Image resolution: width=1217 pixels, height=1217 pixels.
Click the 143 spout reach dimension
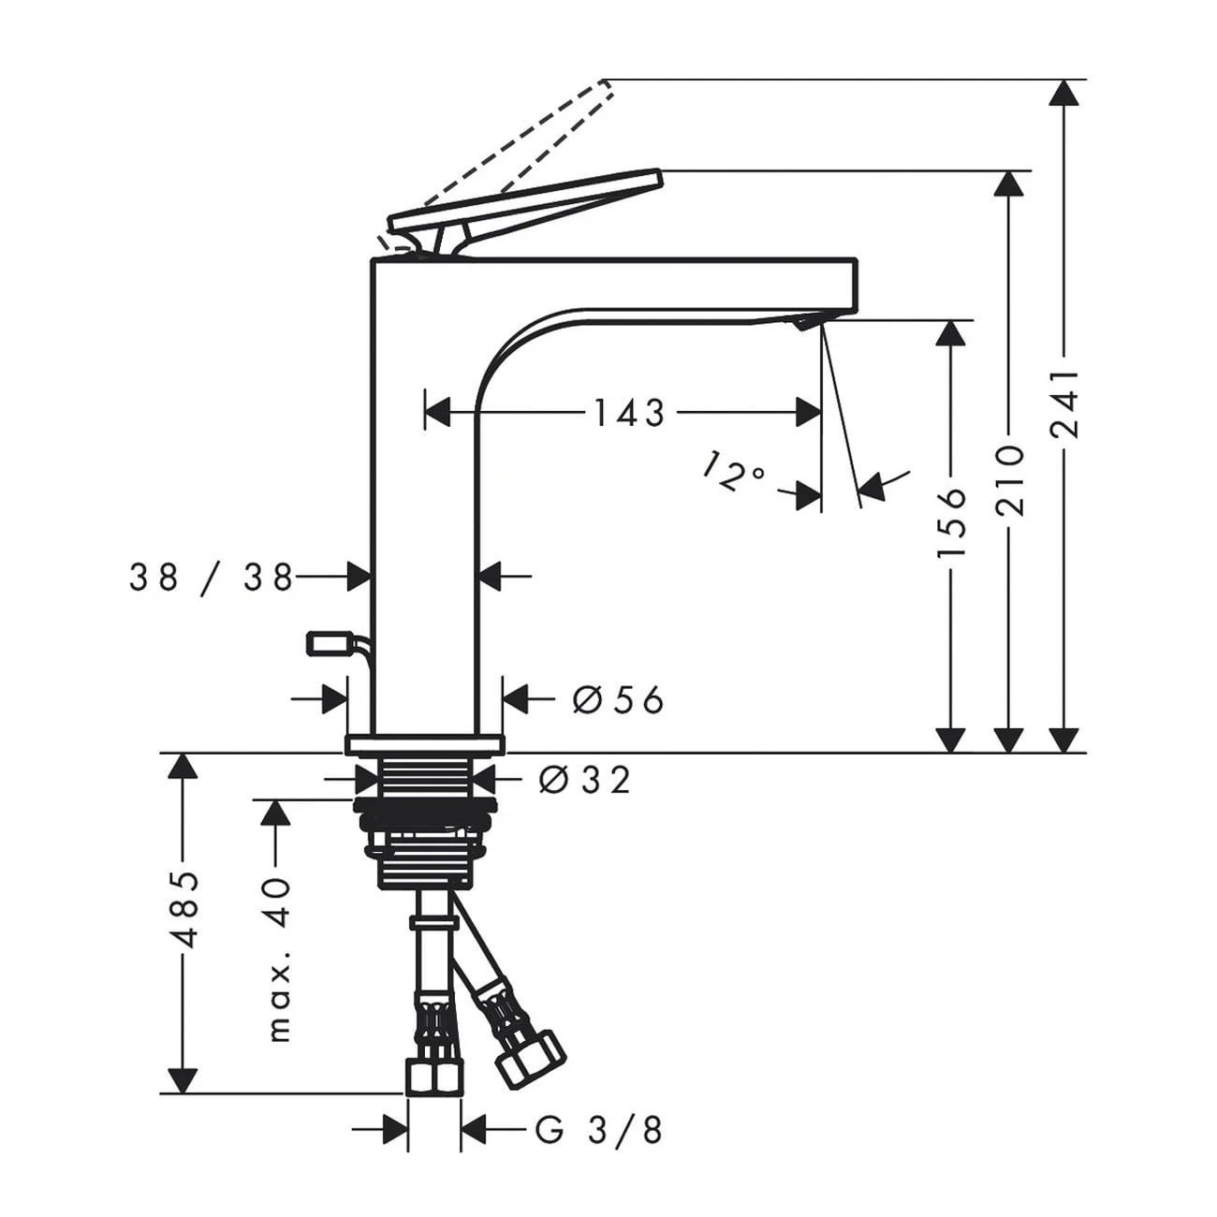(x=629, y=413)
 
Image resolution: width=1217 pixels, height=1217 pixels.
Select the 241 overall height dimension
(x=1064, y=404)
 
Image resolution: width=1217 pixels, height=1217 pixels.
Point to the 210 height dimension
(x=1008, y=480)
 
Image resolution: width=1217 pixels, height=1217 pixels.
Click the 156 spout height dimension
(x=950, y=521)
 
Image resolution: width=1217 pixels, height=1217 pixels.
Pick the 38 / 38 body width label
(x=212, y=577)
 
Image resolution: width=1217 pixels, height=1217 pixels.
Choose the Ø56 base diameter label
(x=618, y=699)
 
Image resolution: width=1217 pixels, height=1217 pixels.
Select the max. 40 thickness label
(x=279, y=960)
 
